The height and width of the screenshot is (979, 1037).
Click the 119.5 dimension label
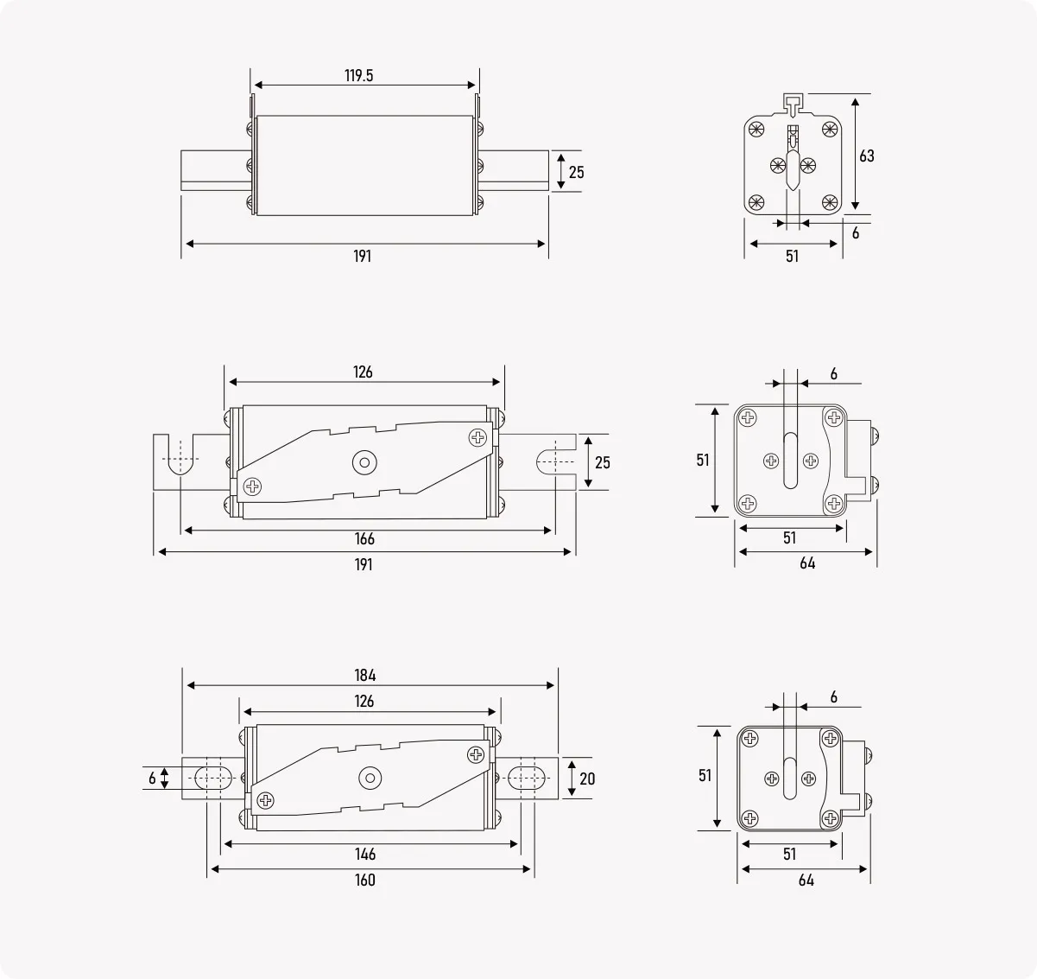[358, 76]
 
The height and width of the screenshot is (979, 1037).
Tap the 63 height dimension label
[866, 156]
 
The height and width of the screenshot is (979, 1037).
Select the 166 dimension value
[364, 539]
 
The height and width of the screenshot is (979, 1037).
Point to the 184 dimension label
[365, 676]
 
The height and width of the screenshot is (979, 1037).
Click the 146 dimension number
[365, 854]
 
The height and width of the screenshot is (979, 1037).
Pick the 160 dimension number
[365, 880]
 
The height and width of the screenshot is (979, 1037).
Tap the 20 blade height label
[587, 779]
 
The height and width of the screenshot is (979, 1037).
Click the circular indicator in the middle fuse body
[364, 462]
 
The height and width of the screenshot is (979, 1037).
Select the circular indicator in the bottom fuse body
[370, 779]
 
